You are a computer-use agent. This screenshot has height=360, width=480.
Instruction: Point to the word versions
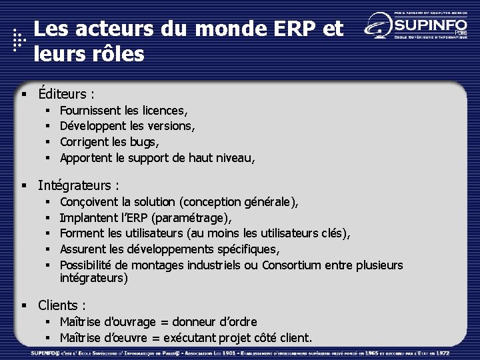point(172,126)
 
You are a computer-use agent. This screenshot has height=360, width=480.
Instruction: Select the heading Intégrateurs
point(76,185)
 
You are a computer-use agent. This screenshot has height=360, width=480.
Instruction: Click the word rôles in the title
point(115,53)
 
